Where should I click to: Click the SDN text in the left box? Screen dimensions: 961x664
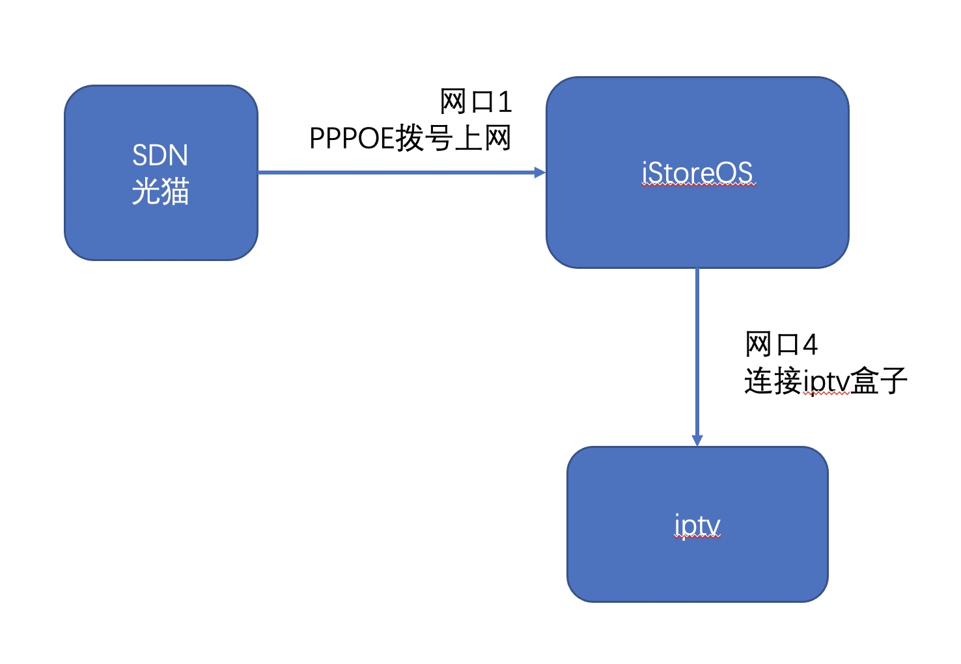[x=160, y=155]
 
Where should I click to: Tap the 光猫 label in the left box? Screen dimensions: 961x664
[x=160, y=191]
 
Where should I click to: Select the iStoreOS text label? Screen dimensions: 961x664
[x=697, y=173]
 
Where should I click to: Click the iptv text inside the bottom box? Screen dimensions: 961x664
[x=697, y=525]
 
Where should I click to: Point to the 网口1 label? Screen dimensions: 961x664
[x=476, y=102]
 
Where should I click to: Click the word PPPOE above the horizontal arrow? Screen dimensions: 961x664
[x=352, y=138]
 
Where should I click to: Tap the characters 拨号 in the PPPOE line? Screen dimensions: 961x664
[x=424, y=138]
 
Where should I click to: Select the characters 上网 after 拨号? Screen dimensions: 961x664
[x=482, y=138]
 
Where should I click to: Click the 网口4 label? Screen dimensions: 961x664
[x=781, y=344]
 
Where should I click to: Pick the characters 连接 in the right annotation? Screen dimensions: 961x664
[x=773, y=380]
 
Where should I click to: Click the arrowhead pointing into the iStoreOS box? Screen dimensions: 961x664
[x=540, y=173]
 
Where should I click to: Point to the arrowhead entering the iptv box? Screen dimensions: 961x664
[x=697, y=441]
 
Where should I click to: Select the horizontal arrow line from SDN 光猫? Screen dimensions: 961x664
[x=402, y=173]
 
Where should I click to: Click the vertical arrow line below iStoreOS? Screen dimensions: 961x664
[x=697, y=357]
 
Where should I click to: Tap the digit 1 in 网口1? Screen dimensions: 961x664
[x=505, y=102]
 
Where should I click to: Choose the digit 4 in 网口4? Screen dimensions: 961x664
[x=810, y=344]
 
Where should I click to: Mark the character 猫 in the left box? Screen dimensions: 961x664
[x=175, y=191]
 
